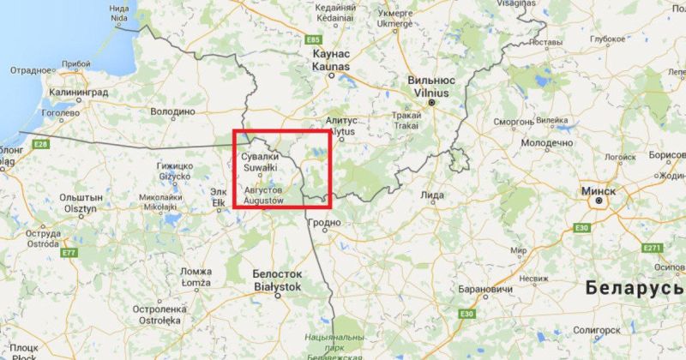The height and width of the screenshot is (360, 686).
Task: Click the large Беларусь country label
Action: coord(635,289)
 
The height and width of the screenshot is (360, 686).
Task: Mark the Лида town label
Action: coord(433,195)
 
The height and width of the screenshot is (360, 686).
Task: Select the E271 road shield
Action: coord(652,248)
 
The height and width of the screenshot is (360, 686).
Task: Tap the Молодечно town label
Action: coord(546,141)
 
